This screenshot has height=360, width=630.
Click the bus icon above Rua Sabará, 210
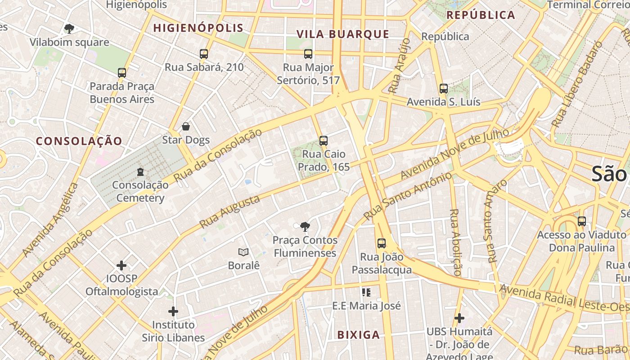tap(204, 54)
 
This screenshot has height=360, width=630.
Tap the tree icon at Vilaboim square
tap(69, 29)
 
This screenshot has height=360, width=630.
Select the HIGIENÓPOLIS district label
tap(198, 28)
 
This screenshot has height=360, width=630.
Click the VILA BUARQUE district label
tap(342, 34)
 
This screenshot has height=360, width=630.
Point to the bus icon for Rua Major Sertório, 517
tap(308, 54)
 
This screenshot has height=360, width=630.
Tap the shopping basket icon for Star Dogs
tap(185, 126)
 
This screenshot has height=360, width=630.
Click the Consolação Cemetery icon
tap(140, 171)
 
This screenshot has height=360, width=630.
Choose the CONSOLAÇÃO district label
tap(79, 141)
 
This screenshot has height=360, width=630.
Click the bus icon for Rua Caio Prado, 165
tap(323, 141)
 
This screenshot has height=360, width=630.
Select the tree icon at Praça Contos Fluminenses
tap(305, 226)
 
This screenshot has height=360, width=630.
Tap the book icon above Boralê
tap(243, 252)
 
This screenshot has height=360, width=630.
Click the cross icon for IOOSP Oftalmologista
tap(121, 265)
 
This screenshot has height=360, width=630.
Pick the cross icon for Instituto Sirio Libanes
tap(173, 311)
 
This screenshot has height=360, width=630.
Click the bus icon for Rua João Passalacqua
tap(382, 243)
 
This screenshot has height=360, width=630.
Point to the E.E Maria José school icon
tap(366, 292)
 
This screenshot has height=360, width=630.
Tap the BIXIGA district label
tap(358, 335)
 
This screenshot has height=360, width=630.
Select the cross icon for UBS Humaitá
tap(459, 318)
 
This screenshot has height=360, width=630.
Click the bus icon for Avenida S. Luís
tap(444, 89)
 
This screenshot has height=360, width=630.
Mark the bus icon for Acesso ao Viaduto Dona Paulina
tap(582, 221)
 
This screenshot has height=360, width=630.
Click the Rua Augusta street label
tap(229, 211)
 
